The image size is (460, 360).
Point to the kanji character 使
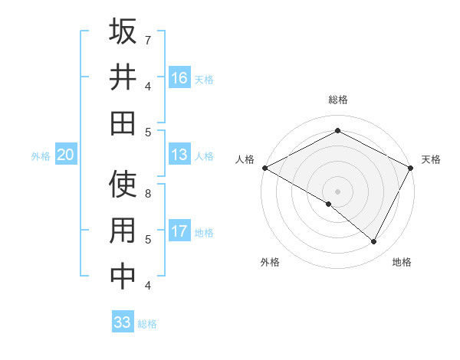pyautogui.click(x=123, y=185)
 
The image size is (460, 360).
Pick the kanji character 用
pyautogui.click(x=123, y=231)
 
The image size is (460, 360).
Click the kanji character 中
pyautogui.click(x=123, y=277)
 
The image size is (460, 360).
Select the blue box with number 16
pyautogui.click(x=179, y=78)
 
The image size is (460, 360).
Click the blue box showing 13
pyautogui.click(x=179, y=155)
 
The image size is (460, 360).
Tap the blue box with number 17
pyautogui.click(x=179, y=231)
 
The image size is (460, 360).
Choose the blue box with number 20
pyautogui.click(x=65, y=155)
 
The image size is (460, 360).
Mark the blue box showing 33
pyautogui.click(x=123, y=322)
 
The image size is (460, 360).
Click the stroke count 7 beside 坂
pyautogui.click(x=147, y=39)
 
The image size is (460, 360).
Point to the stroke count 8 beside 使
pyautogui.click(x=147, y=193)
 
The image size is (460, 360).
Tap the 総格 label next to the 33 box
pyautogui.click(x=147, y=323)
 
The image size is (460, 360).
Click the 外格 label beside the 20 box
pyautogui.click(x=41, y=156)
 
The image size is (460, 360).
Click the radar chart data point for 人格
pyautogui.click(x=264, y=168)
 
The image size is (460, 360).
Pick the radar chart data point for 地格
pyautogui.click(x=374, y=241)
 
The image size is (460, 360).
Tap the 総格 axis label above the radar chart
pyautogui.click(x=337, y=100)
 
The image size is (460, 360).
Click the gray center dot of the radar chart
pyautogui.click(x=337, y=190)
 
